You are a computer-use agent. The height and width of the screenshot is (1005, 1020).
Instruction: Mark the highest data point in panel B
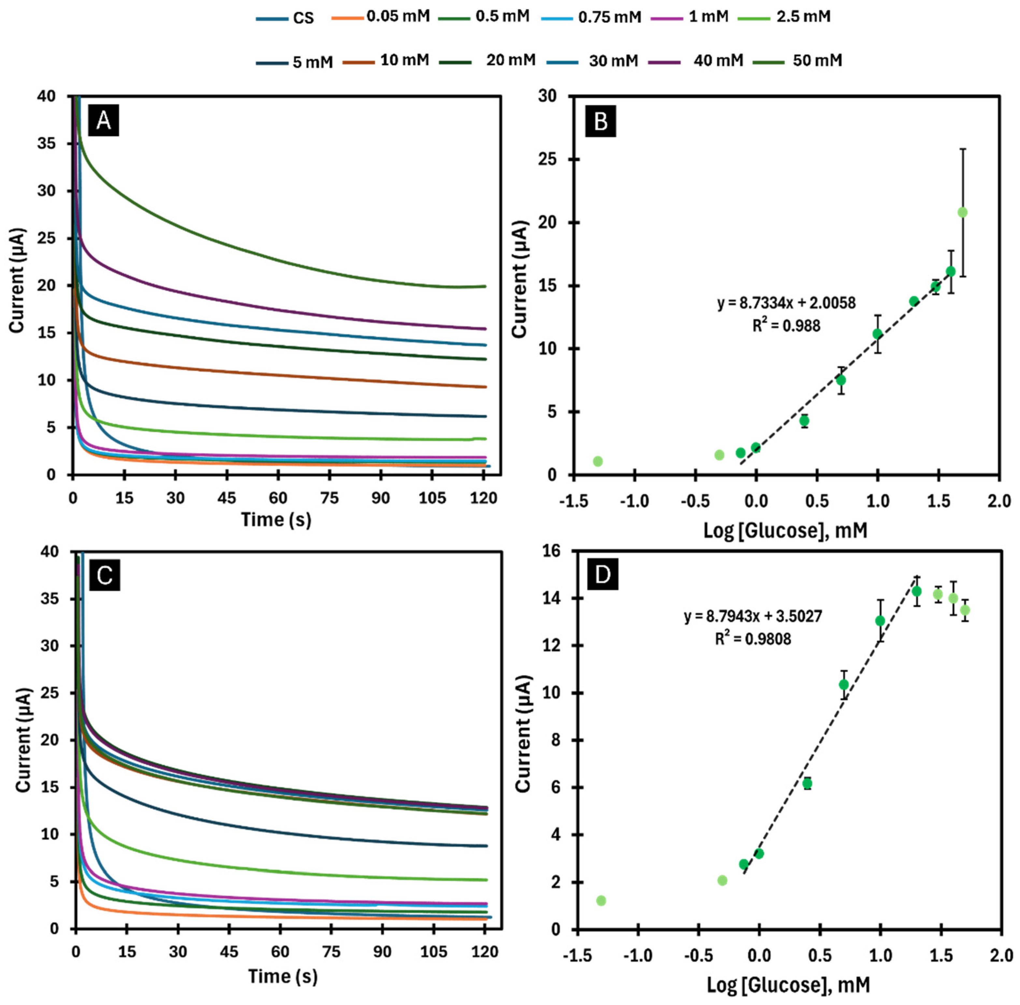click(x=962, y=212)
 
